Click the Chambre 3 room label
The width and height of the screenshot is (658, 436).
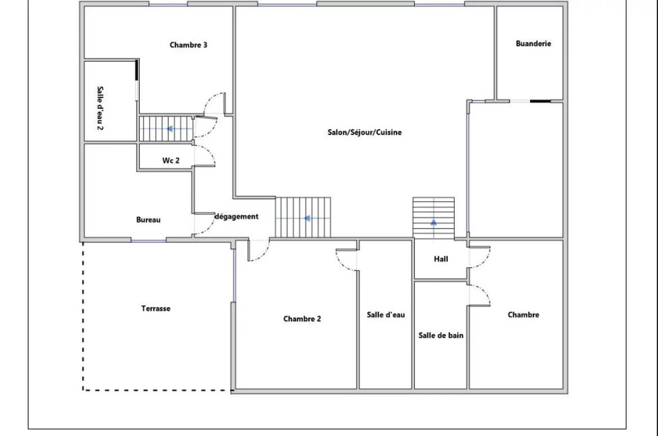(x=188, y=45)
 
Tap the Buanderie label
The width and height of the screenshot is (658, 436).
(x=533, y=44)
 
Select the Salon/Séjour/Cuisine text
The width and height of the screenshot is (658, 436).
(x=364, y=132)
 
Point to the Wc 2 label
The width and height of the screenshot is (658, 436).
(x=171, y=160)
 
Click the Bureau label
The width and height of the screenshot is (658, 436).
(x=148, y=220)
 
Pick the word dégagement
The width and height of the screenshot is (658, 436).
(x=236, y=216)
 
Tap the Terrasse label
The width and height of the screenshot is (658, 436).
(x=156, y=308)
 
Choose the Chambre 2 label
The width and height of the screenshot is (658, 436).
(x=302, y=319)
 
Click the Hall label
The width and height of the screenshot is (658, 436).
(x=441, y=259)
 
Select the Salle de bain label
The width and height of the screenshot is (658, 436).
(x=441, y=335)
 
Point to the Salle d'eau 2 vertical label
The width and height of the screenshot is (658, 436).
(x=100, y=108)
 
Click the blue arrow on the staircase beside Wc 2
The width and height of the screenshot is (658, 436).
(x=169, y=129)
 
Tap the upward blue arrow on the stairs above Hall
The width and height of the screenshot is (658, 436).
(x=434, y=222)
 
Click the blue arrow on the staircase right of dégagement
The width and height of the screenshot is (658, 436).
(x=307, y=218)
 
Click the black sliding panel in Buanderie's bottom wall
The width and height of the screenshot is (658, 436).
(x=540, y=101)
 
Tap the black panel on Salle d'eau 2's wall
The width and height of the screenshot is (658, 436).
(x=136, y=70)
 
